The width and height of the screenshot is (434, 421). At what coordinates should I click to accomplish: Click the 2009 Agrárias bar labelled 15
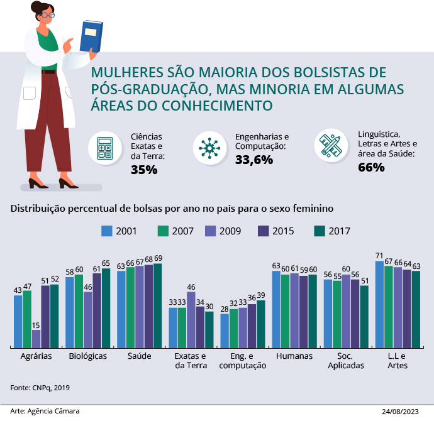point(36,338)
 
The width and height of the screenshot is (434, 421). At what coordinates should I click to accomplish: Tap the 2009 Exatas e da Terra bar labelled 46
point(191,319)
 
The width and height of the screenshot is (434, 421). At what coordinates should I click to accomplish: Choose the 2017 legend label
point(339,231)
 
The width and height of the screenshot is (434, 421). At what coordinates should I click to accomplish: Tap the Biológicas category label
point(87,356)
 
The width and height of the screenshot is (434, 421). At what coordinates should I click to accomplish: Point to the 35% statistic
point(144,169)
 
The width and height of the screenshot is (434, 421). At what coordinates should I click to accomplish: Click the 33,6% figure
point(253,160)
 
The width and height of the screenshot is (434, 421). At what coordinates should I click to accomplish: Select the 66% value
point(371,167)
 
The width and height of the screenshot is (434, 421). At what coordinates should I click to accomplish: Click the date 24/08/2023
point(399,412)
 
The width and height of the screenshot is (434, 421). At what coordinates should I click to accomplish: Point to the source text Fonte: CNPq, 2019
point(40,387)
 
